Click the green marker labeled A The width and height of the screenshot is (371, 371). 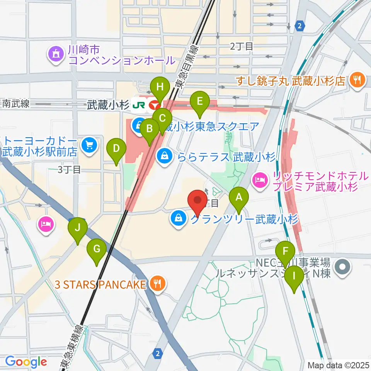(x=239, y=198)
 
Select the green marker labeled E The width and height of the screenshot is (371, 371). (x=200, y=102)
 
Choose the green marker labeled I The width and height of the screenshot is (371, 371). (x=294, y=277)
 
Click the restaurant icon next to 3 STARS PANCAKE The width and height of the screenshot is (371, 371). (x=157, y=285)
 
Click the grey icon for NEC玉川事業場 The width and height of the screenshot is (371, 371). (x=342, y=267)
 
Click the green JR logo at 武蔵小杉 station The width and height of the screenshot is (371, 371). (x=138, y=104)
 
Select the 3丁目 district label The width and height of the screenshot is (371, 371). (x=69, y=169)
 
